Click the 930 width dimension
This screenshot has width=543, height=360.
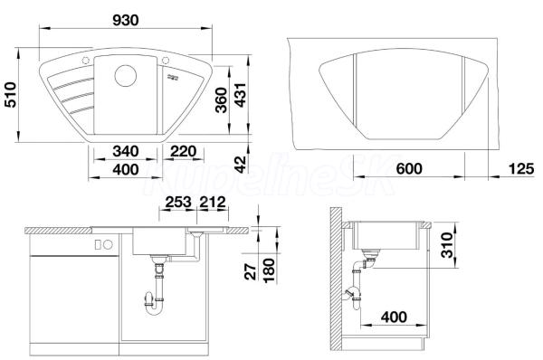click(126, 20)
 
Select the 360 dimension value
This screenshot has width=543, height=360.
click(221, 100)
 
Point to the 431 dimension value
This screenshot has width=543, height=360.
click(240, 95)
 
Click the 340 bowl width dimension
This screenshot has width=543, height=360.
click(126, 151)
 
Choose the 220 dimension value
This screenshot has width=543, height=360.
click(184, 151)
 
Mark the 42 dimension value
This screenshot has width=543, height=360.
click(240, 165)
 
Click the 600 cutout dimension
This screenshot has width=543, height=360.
click(409, 169)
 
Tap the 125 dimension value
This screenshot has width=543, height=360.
click(521, 169)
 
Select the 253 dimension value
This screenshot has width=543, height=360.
click(178, 202)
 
